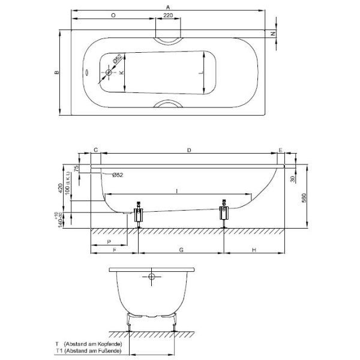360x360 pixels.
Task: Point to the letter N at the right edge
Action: click(273, 34)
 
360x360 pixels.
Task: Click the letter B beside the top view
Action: click(56, 73)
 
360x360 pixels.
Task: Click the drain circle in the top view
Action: click(109, 73)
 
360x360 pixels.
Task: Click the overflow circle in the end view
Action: click(151, 277)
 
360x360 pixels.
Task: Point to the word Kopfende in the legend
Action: click(106, 344)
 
